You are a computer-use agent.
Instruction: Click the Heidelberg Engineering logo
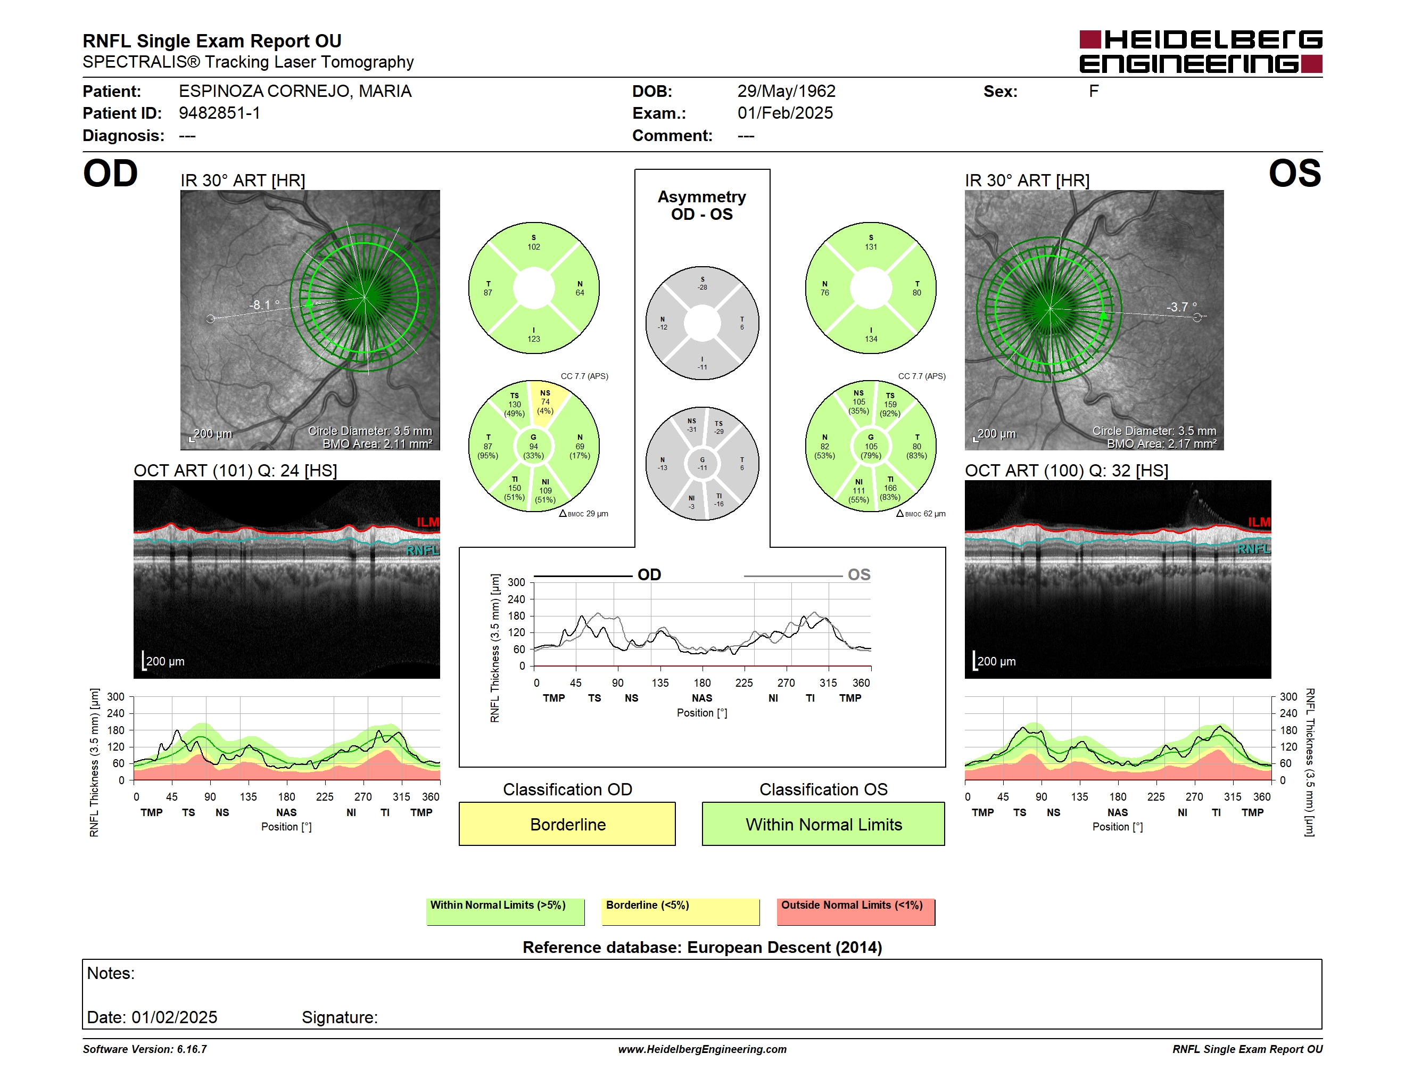pos(1201,52)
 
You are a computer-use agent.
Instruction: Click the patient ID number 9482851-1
pos(219,113)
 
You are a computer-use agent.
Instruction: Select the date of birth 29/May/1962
pos(786,92)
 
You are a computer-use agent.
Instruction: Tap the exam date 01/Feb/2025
pos(785,113)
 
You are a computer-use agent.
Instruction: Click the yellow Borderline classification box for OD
pos(567,824)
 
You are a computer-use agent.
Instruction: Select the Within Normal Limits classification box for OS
pos(823,824)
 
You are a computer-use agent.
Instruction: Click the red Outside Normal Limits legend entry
pos(856,911)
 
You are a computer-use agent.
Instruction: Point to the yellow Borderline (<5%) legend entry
pos(680,911)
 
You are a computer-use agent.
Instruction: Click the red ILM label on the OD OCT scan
pos(428,522)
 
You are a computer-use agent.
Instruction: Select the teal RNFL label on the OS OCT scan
pos(1254,549)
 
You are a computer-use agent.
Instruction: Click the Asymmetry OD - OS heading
pos(702,205)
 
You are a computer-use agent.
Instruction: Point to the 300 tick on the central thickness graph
pos(517,582)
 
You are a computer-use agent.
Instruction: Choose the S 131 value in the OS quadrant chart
pos(871,243)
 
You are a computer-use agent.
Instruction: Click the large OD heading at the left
pos(110,174)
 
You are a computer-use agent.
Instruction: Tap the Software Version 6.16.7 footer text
pos(145,1049)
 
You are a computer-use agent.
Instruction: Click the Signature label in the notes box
pos(340,1017)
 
